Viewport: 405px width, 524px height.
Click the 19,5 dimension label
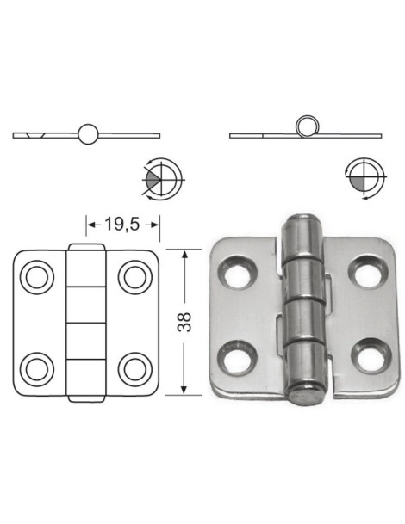click(122, 226)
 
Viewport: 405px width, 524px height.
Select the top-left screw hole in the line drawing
click(37, 277)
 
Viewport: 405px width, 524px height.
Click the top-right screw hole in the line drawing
click(134, 277)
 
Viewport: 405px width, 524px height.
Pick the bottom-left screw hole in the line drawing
click(37, 368)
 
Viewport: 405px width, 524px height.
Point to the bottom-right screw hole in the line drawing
click(134, 368)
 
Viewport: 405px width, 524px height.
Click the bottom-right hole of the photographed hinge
click(364, 357)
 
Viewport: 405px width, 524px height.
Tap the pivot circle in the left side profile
click(88, 133)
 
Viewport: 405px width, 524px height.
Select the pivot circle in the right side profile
click(305, 125)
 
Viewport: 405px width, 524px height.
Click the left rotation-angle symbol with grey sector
click(160, 179)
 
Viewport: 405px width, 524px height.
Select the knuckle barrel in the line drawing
click(85, 323)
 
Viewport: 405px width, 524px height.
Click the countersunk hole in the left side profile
click(34, 135)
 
